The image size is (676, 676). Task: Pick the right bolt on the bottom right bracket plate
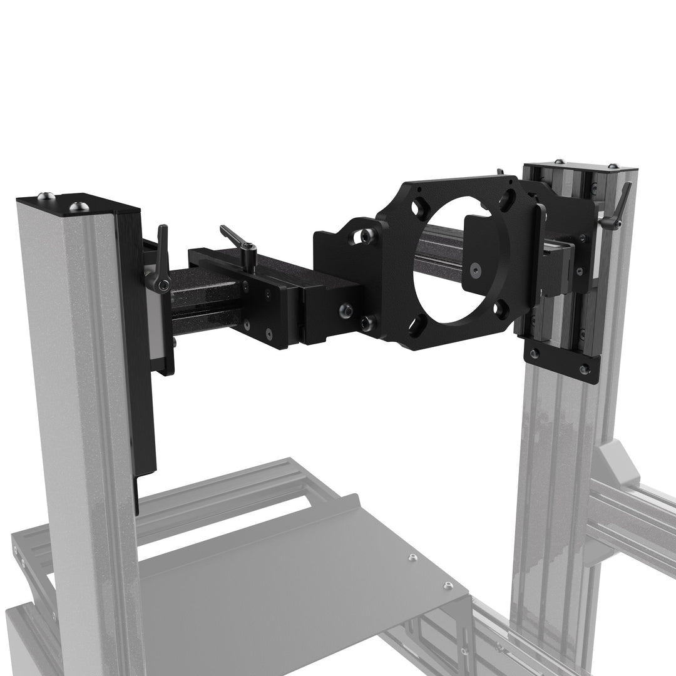[x=585, y=369]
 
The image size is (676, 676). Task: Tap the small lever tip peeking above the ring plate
[x=499, y=172]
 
